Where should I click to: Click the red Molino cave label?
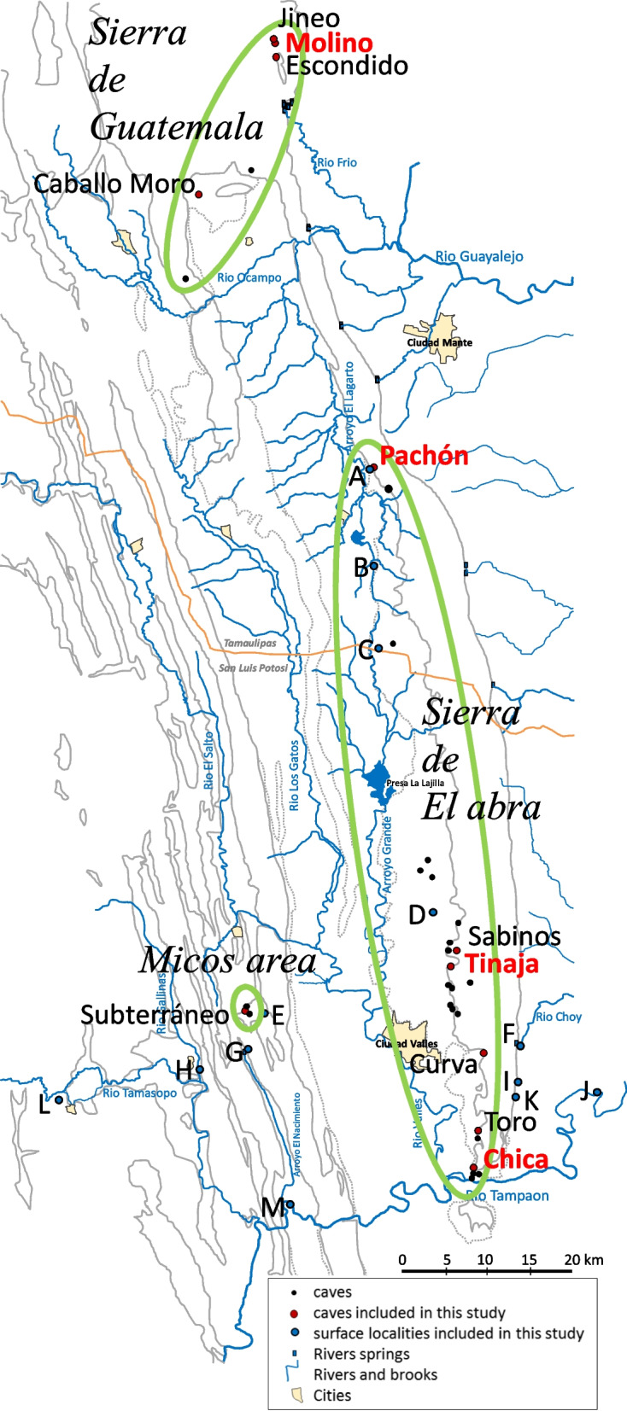tap(329, 43)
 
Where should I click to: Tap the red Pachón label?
tap(424, 455)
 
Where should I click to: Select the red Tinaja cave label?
tap(501, 964)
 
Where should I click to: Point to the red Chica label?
tap(516, 1158)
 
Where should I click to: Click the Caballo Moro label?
tap(114, 184)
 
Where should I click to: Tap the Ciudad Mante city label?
tap(439, 342)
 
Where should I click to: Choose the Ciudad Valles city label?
tap(407, 1043)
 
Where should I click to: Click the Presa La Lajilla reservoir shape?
tap(377, 779)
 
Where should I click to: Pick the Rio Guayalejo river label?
tap(479, 256)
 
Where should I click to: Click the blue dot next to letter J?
tap(597, 1092)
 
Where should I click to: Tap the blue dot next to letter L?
tap(59, 1099)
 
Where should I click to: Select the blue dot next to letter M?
tap(290, 1204)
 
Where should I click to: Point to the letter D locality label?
tap(416, 915)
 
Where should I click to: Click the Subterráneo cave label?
tap(155, 1014)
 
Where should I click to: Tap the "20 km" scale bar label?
tap(583, 1259)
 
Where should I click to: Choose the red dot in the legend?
tap(293, 1313)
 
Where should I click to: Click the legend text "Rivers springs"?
tap(361, 1354)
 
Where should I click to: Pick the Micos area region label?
tap(227, 960)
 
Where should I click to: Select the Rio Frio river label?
tap(337, 162)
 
